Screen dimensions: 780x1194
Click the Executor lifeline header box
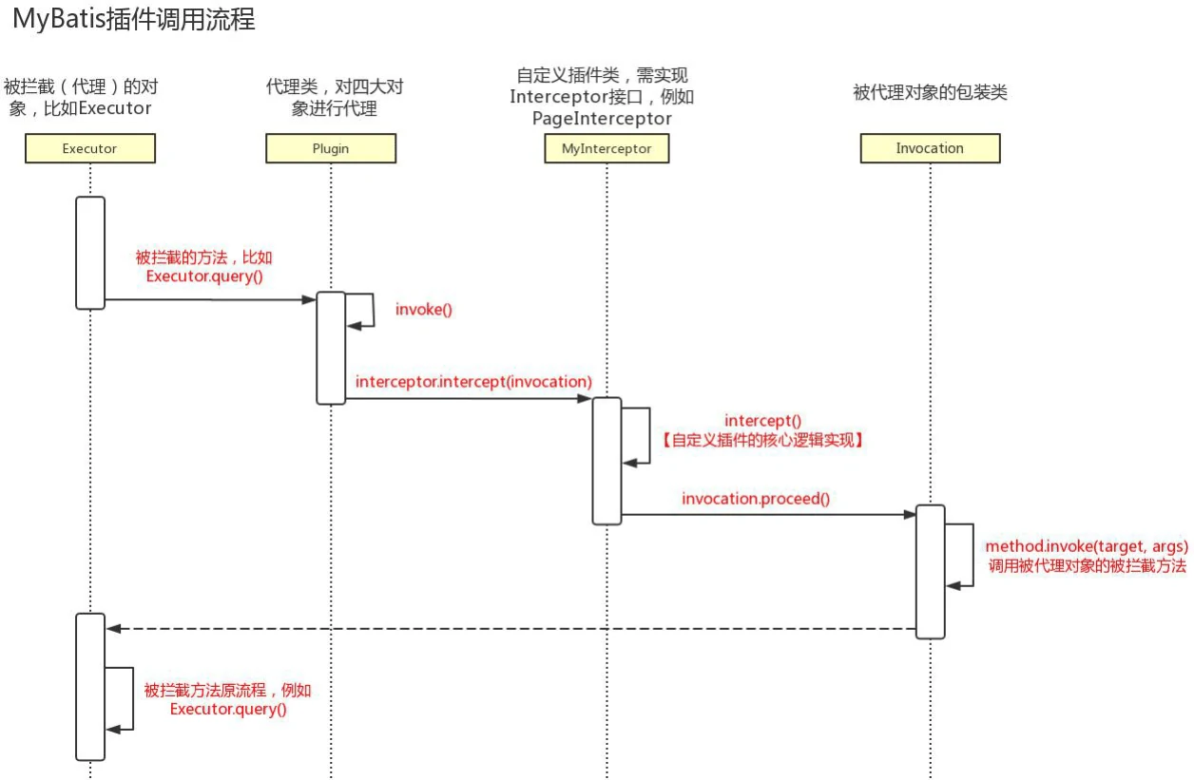click(89, 148)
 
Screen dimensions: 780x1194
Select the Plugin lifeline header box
click(331, 148)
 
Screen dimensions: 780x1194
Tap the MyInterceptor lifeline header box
click(607, 148)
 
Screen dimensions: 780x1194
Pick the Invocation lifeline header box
click(930, 148)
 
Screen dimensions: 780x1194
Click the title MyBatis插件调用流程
click(134, 20)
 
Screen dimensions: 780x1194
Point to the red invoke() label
click(424, 309)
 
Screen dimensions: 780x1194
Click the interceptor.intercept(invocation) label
click(473, 381)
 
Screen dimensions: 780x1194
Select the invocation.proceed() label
click(756, 498)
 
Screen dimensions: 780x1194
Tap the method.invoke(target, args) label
click(1087, 546)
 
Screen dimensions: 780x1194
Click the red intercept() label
click(762, 420)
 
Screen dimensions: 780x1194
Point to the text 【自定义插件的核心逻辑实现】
click(761, 440)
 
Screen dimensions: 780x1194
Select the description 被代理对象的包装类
click(930, 92)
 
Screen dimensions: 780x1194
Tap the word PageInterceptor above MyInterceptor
click(602, 119)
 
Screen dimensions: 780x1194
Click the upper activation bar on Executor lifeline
click(90, 252)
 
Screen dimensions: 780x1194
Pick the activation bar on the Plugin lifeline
click(331, 347)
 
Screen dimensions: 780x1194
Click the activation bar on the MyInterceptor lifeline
click(607, 460)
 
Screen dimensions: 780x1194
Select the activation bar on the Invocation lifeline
click(931, 571)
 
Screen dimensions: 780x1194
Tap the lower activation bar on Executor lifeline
click(90, 686)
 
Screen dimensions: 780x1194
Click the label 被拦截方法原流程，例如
click(227, 691)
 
